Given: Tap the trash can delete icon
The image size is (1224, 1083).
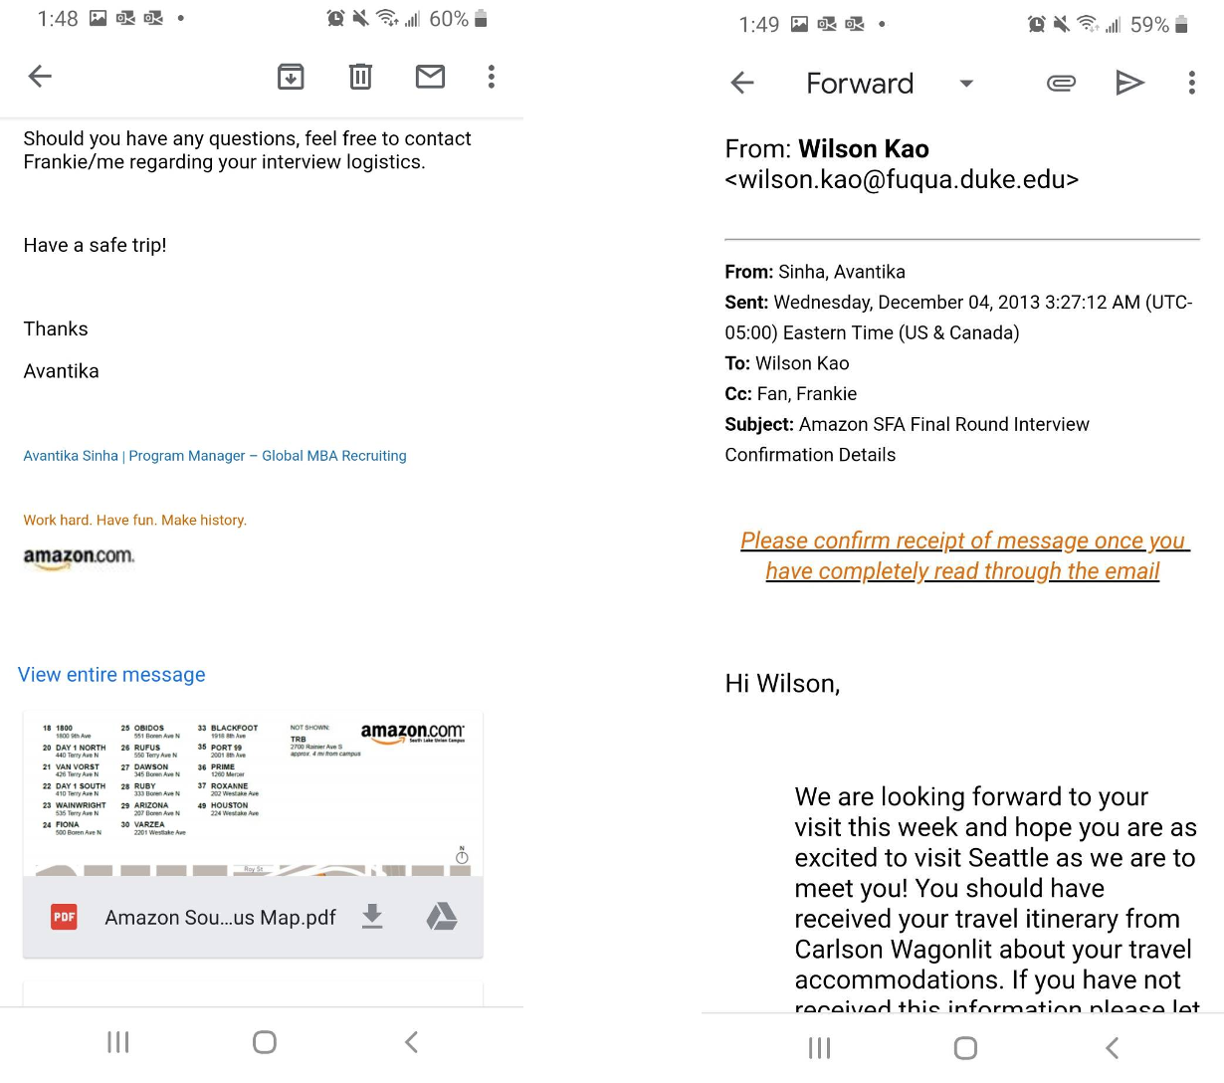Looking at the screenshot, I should pyautogui.click(x=360, y=77).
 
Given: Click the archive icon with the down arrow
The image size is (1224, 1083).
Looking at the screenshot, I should pyautogui.click(x=291, y=77).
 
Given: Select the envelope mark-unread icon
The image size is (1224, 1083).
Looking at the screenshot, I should pyautogui.click(x=430, y=77).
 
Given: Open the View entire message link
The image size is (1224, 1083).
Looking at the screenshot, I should pyautogui.click(x=111, y=675).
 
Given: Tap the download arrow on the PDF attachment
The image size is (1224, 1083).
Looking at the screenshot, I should pyautogui.click(x=372, y=916).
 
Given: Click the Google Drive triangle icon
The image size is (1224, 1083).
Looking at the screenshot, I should pyautogui.click(x=442, y=916).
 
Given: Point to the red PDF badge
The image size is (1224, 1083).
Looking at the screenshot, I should pyautogui.click(x=64, y=917).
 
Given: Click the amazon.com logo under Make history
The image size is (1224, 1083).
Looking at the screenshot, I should pyautogui.click(x=79, y=557).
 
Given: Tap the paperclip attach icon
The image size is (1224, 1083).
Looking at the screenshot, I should pyautogui.click(x=1061, y=83).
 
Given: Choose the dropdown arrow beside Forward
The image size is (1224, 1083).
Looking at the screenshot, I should pyautogui.click(x=965, y=84).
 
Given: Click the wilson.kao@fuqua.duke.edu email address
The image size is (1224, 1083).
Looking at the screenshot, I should pyautogui.click(x=902, y=180).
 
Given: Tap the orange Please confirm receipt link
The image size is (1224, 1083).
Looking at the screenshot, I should pyautogui.click(x=963, y=555).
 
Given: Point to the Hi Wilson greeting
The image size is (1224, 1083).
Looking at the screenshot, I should pyautogui.click(x=782, y=684).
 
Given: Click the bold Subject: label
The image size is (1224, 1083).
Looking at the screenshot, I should pyautogui.click(x=759, y=425).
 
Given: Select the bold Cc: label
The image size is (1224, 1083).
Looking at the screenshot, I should pyautogui.click(x=738, y=394).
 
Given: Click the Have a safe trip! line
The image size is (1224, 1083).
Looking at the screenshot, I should pyautogui.click(x=95, y=246).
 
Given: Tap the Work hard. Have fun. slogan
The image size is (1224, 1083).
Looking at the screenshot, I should pyautogui.click(x=134, y=521).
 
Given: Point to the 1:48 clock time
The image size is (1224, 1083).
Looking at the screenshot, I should pyautogui.click(x=58, y=19).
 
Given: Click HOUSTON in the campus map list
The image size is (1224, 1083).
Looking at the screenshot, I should pyautogui.click(x=229, y=805).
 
